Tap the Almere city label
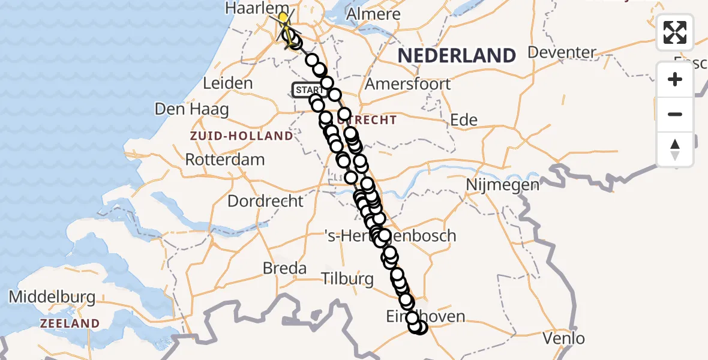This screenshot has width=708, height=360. [x=372, y=14]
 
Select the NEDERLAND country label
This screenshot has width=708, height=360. [x=456, y=55]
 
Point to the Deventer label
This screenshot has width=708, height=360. [x=562, y=52]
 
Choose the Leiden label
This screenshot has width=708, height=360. [x=228, y=83]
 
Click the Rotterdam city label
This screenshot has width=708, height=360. [x=225, y=160]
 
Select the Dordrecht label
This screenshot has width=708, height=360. [x=266, y=200]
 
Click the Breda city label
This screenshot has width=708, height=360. [x=285, y=268]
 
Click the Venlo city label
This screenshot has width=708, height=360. [x=563, y=338]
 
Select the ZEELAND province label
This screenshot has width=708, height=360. [x=70, y=323]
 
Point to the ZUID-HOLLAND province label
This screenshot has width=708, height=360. [x=241, y=136]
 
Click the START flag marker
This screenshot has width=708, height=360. [x=308, y=90]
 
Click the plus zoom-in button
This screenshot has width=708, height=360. [x=675, y=79]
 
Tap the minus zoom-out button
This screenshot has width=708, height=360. [x=675, y=114]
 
